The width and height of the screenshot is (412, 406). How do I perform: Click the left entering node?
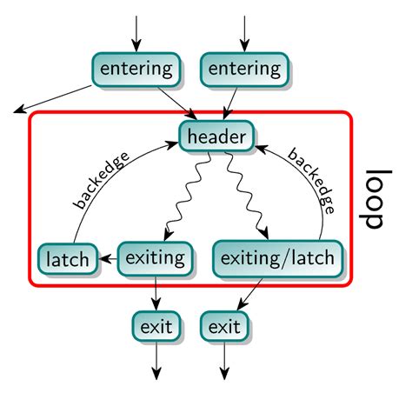click(x=136, y=70)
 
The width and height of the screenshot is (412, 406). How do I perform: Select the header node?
click(x=217, y=136)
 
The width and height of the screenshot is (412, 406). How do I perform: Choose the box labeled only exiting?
click(x=156, y=257)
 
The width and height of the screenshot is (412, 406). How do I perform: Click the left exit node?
click(x=156, y=328)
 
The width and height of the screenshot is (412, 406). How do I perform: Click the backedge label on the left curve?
click(x=102, y=182)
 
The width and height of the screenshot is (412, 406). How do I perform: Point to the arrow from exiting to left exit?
click(x=156, y=293)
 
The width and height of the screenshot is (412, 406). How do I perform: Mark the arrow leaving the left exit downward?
click(x=156, y=360)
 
